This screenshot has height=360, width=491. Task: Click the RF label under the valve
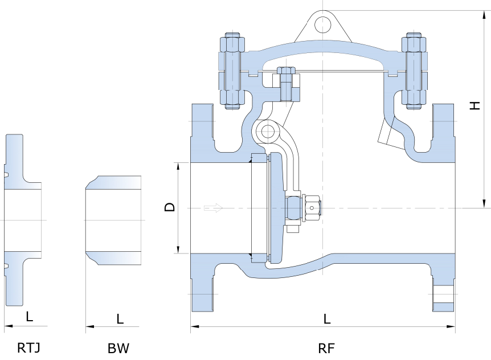326,347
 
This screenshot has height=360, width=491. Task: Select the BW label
118,347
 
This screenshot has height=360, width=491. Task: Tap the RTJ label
28,347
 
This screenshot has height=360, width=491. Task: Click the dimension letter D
170,207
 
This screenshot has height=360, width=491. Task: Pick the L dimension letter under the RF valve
327,319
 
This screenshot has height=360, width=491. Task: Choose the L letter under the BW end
120,319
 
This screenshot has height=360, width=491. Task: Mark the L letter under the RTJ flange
29,316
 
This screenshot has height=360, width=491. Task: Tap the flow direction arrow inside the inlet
213,208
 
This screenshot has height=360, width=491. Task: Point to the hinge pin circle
266,132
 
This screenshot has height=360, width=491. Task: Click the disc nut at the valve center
313,208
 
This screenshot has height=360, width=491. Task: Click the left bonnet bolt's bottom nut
232,100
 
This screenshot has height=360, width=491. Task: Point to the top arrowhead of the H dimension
484,14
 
